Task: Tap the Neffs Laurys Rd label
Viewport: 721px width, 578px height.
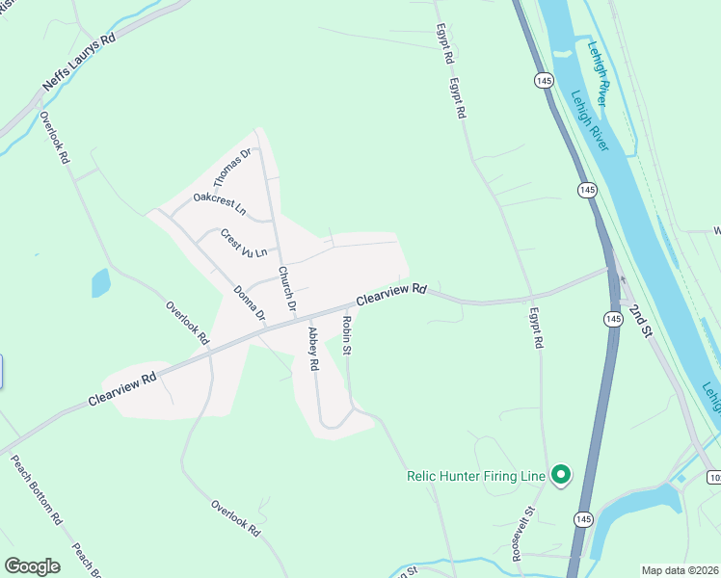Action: pyautogui.click(x=79, y=65)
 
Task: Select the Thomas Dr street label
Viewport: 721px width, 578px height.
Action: pyautogui.click(x=232, y=168)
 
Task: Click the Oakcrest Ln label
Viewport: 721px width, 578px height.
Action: pyautogui.click(x=219, y=203)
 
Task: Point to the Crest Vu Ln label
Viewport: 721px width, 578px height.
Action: pyautogui.click(x=243, y=243)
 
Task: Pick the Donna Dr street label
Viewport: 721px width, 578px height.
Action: pyautogui.click(x=249, y=303)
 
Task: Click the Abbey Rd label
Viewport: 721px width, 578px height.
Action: pyautogui.click(x=312, y=350)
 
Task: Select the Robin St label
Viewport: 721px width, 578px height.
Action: pyautogui.click(x=344, y=334)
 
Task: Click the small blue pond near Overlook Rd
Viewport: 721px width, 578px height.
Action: pyautogui.click(x=100, y=283)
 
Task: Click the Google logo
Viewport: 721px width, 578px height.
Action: pyautogui.click(x=32, y=565)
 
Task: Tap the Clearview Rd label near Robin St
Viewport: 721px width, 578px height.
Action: pyautogui.click(x=390, y=294)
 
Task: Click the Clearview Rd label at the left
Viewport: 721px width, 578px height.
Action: pyautogui.click(x=121, y=389)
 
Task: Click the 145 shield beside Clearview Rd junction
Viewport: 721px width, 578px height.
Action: pyautogui.click(x=614, y=318)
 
